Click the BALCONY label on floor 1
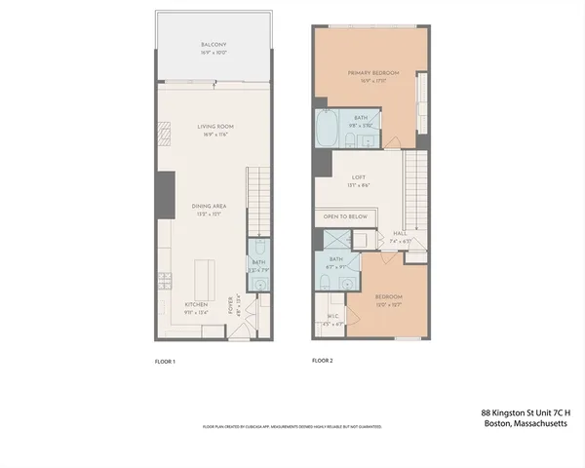pos(214,45)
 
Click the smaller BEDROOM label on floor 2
pos(389,296)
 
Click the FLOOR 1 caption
pos(165,362)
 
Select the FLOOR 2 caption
pos(323,362)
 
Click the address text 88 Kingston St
pos(526,412)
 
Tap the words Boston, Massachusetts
pos(526,424)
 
